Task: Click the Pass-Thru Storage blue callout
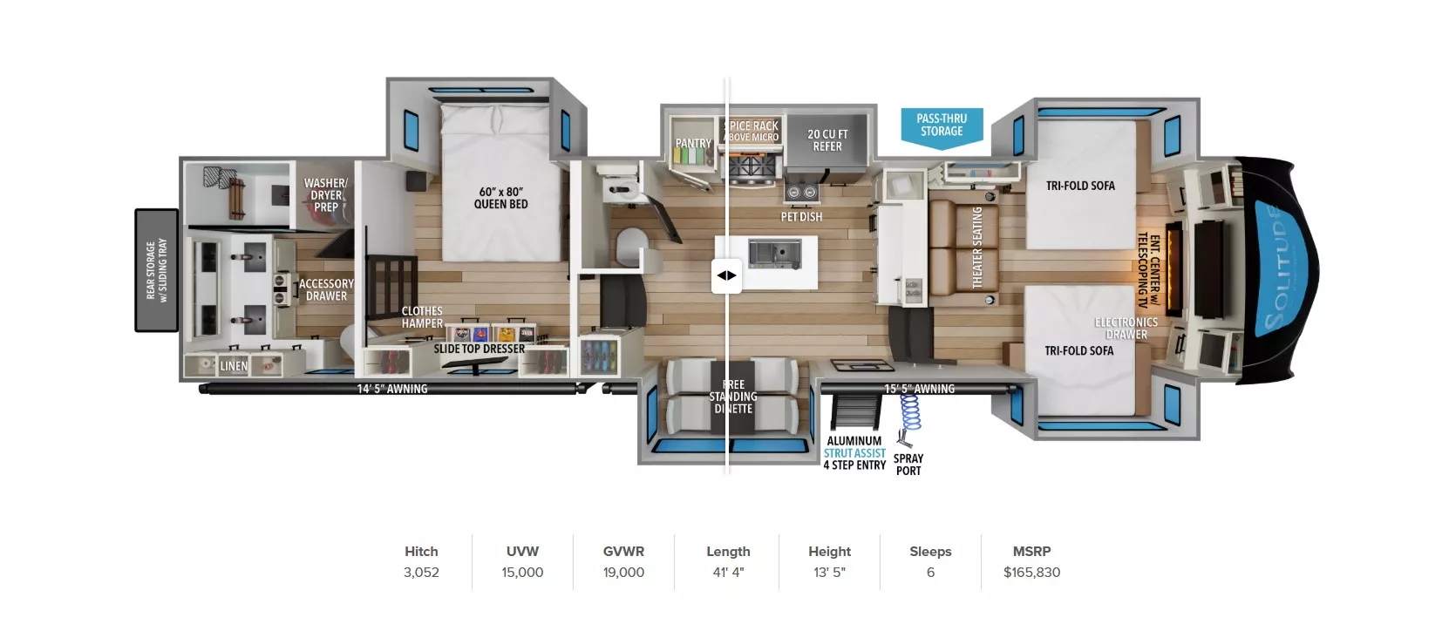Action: (942, 126)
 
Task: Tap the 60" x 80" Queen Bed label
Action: (500, 198)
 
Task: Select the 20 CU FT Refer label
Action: (827, 140)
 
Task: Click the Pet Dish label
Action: (801, 217)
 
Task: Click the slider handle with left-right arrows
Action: (726, 275)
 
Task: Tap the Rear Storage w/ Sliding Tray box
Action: (157, 270)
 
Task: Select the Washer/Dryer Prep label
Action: (325, 195)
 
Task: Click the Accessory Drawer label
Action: (326, 289)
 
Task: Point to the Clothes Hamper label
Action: (422, 317)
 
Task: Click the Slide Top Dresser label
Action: (480, 349)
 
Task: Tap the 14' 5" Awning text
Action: (392, 389)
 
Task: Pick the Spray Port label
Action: (908, 465)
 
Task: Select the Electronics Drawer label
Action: (1126, 329)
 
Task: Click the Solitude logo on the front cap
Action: (1279, 270)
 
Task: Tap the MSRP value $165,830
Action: (1031, 573)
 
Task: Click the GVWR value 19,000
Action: (623, 573)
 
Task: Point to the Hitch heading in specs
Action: (421, 552)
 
